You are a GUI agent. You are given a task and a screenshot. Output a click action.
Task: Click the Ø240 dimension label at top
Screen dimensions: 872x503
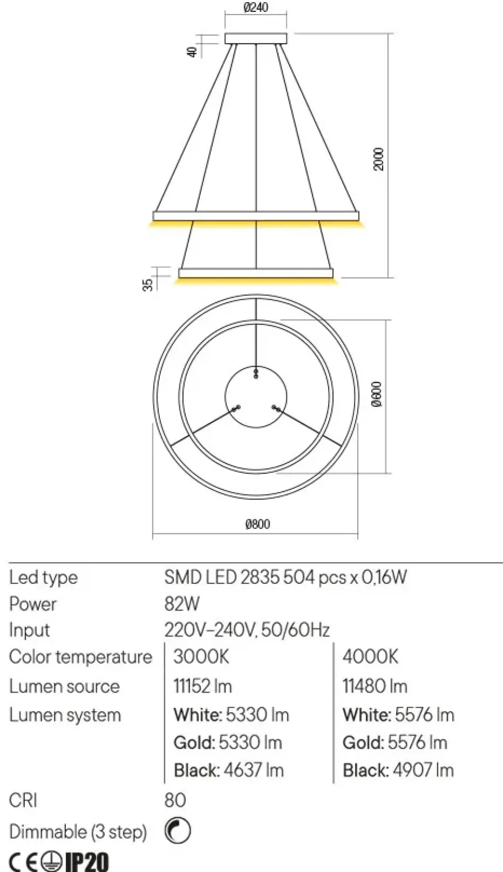[x=256, y=8]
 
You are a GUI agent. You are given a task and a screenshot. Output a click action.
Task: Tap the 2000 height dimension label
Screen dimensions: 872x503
[x=379, y=159]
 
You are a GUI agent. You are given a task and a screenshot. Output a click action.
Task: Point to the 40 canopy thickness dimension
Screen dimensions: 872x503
[x=192, y=51]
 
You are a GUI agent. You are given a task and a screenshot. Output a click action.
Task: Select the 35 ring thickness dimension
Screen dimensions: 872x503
[x=148, y=285]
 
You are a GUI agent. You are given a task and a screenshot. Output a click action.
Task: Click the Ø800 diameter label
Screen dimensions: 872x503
[x=258, y=524]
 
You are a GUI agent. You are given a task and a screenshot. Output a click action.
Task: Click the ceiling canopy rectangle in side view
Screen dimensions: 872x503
[x=256, y=38]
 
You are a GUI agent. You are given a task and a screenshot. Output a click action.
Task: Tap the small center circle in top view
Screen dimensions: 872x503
[x=255, y=397]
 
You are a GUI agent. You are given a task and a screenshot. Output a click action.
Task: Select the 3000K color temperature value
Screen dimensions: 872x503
[x=201, y=657]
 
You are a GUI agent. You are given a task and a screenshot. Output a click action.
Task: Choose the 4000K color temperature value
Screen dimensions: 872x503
[x=370, y=657]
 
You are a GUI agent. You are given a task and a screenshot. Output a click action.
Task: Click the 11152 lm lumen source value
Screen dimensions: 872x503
[x=203, y=686]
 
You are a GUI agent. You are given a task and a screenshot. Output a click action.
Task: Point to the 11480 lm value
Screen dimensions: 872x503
[x=375, y=686]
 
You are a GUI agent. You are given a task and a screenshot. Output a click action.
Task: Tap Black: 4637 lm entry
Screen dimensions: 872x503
[x=229, y=770]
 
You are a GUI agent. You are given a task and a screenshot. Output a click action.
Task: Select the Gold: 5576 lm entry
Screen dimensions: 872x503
[x=395, y=742]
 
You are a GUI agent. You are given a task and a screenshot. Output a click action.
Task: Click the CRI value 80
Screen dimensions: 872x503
[x=175, y=800]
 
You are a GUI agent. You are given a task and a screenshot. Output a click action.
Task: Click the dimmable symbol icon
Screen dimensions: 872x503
[x=177, y=831]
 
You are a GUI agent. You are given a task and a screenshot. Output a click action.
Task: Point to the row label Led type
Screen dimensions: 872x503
[x=44, y=578]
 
